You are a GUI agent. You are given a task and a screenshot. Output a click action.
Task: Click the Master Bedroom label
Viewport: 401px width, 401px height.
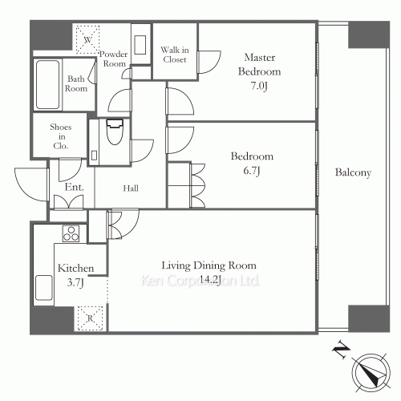click(259, 64)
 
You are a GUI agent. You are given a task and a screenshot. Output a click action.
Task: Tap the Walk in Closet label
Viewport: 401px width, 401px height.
click(175, 55)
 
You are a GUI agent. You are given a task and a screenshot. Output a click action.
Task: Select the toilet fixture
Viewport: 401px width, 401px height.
click(115, 132)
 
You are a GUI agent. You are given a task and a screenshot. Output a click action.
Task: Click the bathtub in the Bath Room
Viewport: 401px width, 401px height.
click(47, 84)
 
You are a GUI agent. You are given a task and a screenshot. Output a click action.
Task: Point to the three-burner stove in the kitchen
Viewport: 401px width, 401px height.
click(71, 233)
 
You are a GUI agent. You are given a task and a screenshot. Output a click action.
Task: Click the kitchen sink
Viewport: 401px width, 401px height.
click(44, 288)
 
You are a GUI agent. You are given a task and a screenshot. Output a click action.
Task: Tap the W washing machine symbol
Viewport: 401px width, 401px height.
click(87, 39)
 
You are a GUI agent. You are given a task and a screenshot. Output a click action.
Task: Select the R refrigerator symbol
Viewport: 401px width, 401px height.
click(90, 318)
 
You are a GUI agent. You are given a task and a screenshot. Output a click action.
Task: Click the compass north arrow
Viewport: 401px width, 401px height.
click(371, 373)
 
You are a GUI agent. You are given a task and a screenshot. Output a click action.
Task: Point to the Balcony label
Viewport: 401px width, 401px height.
click(353, 172)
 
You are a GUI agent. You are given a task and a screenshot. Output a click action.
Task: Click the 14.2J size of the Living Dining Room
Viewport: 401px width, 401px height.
click(210, 280)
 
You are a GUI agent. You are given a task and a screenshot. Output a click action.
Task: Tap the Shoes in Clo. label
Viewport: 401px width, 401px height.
click(61, 136)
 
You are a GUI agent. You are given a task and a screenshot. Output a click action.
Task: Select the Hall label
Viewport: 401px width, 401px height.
click(131, 188)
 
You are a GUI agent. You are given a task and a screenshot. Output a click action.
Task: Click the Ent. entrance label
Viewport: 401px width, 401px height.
click(75, 187)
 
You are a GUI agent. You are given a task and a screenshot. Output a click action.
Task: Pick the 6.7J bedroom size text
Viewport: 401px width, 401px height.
click(252, 171)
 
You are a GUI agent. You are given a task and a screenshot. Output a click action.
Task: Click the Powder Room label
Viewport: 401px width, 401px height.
click(114, 59)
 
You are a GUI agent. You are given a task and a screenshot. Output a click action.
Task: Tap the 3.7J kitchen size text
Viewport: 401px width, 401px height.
click(75, 282)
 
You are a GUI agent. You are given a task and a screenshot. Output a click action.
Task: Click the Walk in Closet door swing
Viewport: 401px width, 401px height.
click(209, 62)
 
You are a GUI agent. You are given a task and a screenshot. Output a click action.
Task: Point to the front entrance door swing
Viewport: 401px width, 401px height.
click(31, 184)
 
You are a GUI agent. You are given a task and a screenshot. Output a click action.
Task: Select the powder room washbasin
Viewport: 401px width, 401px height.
click(140, 45)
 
